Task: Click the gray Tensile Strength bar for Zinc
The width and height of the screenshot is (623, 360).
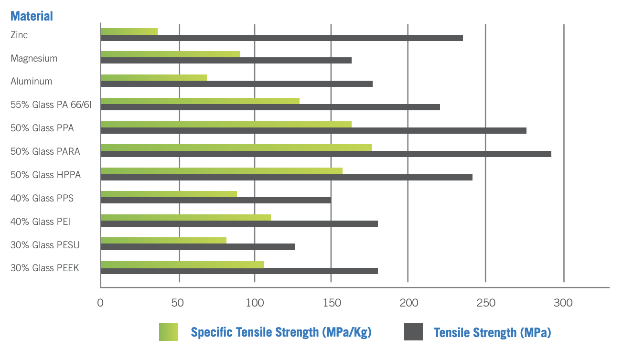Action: (x=282, y=38)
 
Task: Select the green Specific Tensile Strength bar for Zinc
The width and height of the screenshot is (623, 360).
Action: (x=129, y=31)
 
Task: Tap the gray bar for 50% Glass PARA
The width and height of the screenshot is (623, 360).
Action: (x=326, y=154)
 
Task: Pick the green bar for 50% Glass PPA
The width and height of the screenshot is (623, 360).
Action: (x=226, y=124)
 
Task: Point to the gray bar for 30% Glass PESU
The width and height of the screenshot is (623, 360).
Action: (x=198, y=247)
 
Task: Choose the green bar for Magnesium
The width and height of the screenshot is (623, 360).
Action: (x=170, y=54)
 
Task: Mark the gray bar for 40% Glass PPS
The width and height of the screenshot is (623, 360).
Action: (x=216, y=200)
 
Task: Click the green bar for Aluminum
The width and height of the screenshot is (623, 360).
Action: (x=154, y=77)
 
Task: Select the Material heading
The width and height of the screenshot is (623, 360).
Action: (x=32, y=16)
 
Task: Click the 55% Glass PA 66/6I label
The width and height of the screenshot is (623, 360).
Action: (x=51, y=105)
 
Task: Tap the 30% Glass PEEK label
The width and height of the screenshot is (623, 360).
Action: (x=45, y=268)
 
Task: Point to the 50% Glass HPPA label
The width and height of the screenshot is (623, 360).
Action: (x=46, y=175)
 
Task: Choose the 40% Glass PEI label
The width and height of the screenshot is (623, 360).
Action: (x=41, y=222)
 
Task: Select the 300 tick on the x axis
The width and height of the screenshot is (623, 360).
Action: (x=563, y=303)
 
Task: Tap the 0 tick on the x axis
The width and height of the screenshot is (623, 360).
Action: (x=100, y=303)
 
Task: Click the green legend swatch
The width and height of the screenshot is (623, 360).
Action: (x=169, y=332)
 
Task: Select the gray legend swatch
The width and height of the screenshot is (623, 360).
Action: (x=414, y=332)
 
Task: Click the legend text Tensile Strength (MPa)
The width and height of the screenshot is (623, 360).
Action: (x=492, y=332)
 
